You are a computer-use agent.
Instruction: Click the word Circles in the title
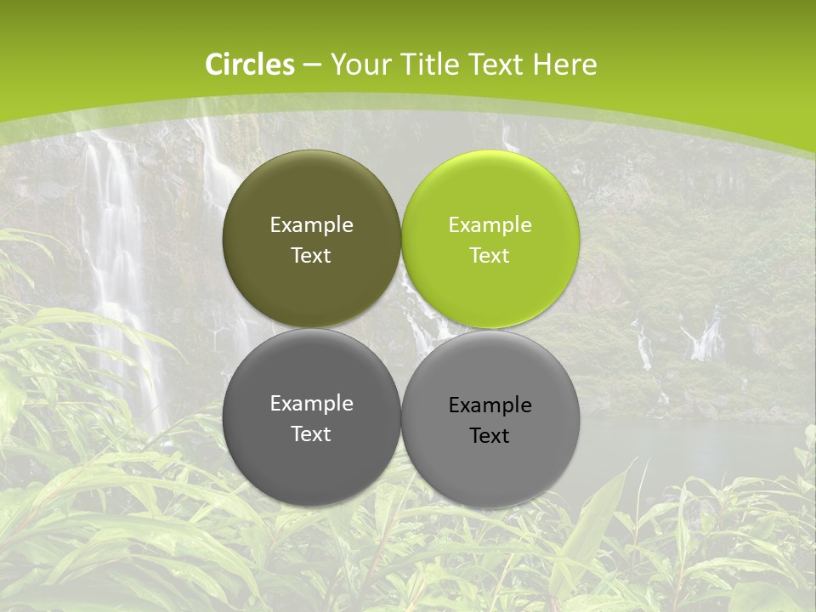pos(250,65)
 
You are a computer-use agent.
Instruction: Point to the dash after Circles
pos(312,65)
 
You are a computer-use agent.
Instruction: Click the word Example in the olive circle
pos(311,225)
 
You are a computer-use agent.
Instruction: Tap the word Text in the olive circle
pos(311,256)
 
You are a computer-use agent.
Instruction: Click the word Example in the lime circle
pos(490,225)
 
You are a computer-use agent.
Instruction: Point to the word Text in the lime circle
pos(490,256)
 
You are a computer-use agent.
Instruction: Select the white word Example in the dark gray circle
pos(311,404)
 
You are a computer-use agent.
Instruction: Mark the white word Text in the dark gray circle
pos(311,434)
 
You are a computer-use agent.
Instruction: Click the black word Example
pos(490,405)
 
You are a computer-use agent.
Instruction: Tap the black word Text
pos(490,436)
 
